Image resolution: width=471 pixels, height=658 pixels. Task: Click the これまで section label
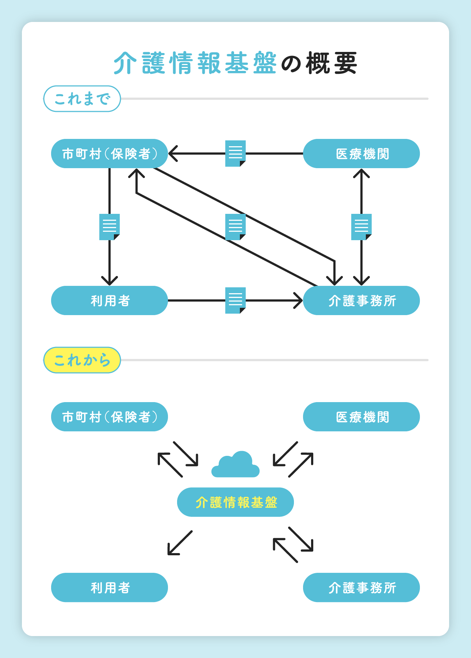pos(82,99)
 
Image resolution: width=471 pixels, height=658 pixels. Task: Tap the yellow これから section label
pos(82,360)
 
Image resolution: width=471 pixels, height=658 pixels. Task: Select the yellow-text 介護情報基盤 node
pos(235,502)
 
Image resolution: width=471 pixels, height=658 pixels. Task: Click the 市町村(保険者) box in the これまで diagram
pos(110,154)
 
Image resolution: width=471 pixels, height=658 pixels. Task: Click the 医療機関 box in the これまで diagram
pos(361,154)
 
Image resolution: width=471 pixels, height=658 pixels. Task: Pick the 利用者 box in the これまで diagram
pos(110,300)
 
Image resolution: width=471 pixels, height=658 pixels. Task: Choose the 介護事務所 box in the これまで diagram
pos(361,300)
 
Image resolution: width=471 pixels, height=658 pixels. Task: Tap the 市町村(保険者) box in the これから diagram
pos(110,417)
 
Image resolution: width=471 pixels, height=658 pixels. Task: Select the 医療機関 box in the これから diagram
pos(361,417)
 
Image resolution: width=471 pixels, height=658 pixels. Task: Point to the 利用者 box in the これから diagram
pos(110,587)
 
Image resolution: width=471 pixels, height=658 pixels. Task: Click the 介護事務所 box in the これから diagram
pos(361,587)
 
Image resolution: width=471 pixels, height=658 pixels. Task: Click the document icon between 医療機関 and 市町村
pos(235,154)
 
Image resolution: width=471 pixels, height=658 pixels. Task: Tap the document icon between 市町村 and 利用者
pos(110,227)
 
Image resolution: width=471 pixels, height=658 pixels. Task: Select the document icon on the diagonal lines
pos(235,227)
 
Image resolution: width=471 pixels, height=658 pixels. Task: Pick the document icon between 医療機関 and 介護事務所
pos(361,227)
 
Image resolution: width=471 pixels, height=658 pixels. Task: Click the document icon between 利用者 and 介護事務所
pos(235,300)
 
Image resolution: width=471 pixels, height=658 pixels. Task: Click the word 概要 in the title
pos(332,63)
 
